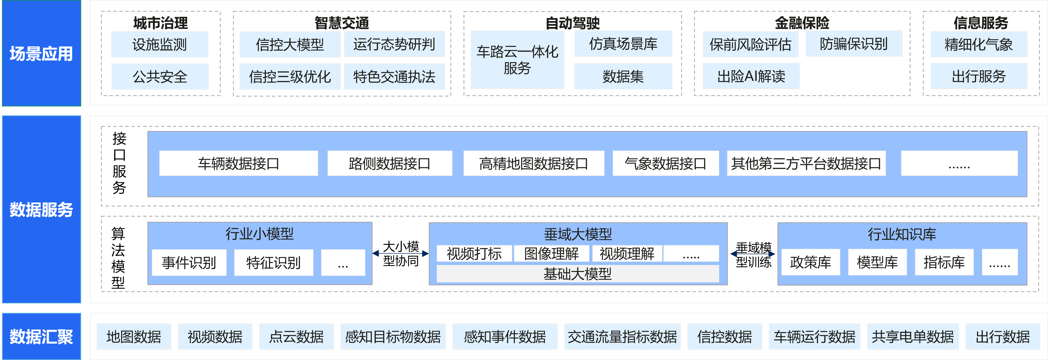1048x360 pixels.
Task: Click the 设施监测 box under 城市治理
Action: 160,44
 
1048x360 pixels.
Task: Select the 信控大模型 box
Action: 290,44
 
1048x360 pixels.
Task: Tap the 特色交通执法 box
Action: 394,76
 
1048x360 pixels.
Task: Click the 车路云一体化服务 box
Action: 517,60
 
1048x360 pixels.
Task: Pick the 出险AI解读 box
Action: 751,76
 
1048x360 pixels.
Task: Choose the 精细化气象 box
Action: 979,44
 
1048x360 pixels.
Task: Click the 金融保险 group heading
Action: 802,23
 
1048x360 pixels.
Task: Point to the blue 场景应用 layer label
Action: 41,53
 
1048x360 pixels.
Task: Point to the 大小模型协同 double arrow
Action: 401,253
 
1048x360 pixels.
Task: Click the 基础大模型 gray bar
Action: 578,274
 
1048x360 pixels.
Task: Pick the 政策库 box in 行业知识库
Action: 811,262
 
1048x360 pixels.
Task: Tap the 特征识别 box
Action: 273,263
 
